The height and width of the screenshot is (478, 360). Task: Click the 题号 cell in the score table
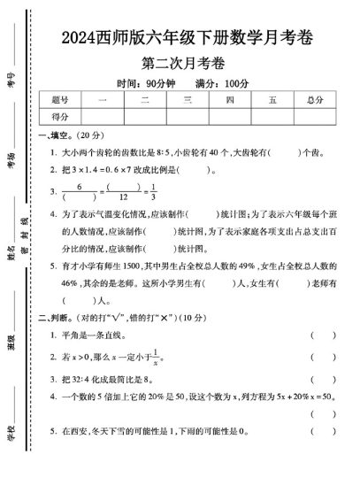pyautogui.click(x=61, y=100)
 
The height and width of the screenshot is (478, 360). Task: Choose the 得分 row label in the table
pyautogui.click(x=61, y=116)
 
